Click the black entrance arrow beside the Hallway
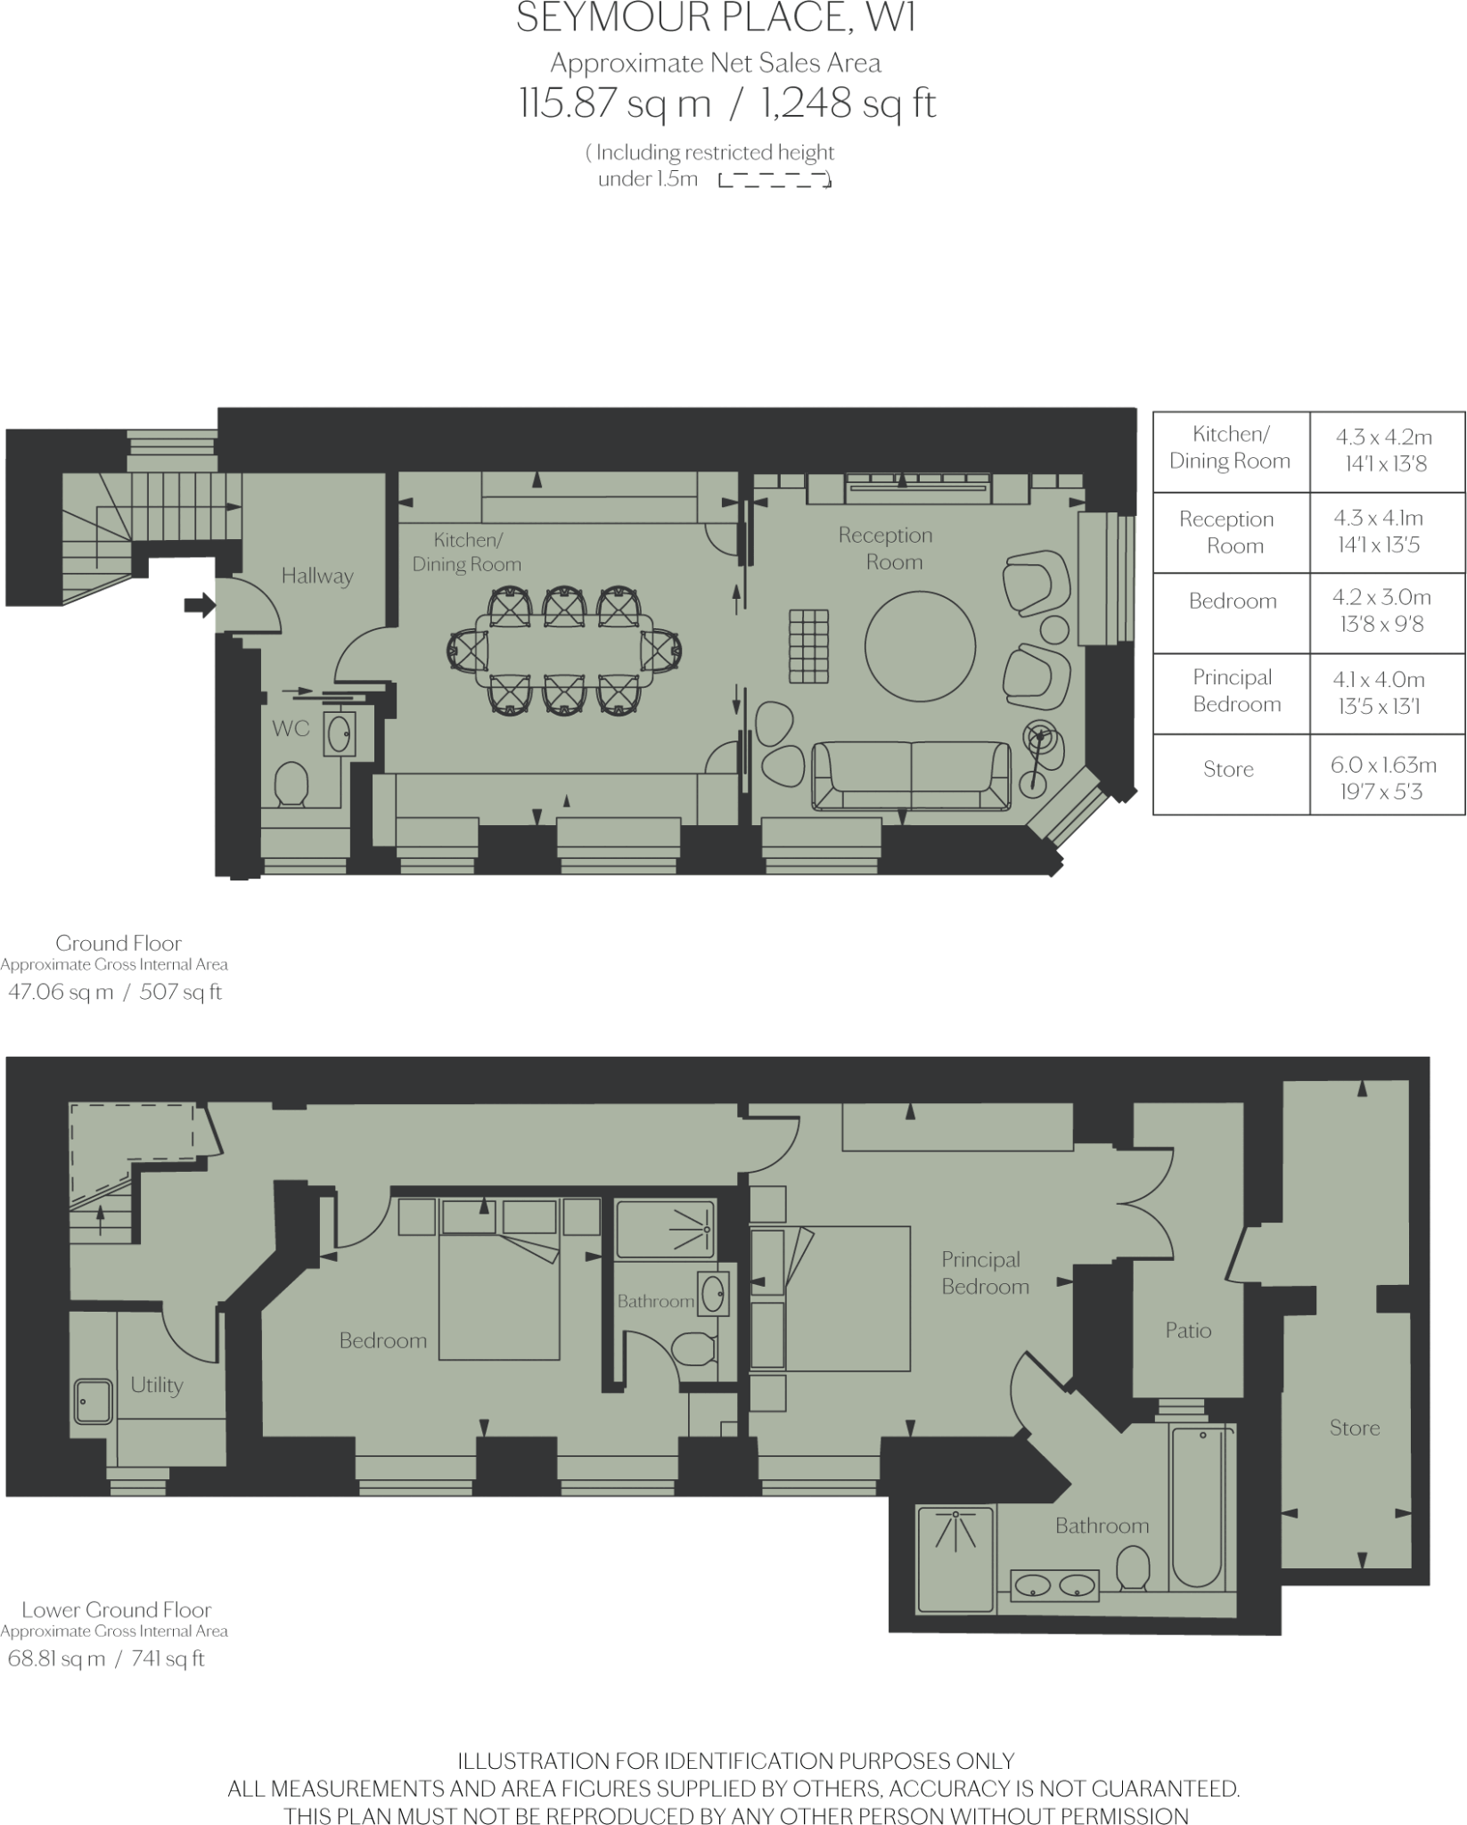tap(200, 606)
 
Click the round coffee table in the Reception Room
tap(920, 647)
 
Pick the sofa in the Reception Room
tap(911, 775)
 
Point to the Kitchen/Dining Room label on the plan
tap(467, 552)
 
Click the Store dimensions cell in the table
tap(1387, 775)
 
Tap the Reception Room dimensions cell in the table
tap(1387, 532)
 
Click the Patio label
tap(1188, 1330)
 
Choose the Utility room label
tap(157, 1385)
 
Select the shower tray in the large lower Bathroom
tap(955, 1559)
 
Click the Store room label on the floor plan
tap(1355, 1428)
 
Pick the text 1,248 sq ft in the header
tap(848, 104)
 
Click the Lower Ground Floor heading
tap(117, 1609)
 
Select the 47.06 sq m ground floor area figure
tap(61, 992)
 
